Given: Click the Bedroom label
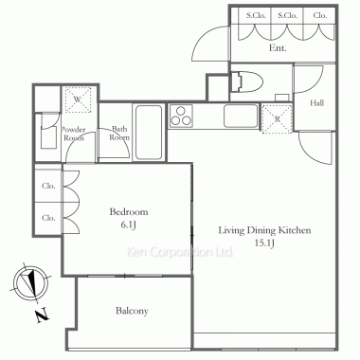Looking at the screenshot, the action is click(129, 211).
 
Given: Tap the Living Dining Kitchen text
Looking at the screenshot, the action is click(264, 230).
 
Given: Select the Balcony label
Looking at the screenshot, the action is click(132, 311).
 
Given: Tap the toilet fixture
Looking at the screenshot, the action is click(246, 82).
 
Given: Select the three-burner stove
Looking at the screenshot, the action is click(181, 116).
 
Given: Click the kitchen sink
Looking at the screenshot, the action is click(241, 116).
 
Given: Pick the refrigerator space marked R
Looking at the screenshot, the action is click(278, 118).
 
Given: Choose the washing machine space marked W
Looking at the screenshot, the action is click(78, 99).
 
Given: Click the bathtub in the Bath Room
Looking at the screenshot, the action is click(149, 132).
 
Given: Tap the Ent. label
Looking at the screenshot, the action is click(278, 48).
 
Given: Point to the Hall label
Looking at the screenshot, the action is click(316, 102).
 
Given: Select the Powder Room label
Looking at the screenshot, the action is click(73, 134).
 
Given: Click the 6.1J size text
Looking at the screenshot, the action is click(128, 225).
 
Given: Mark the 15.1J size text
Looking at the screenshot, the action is click(264, 243).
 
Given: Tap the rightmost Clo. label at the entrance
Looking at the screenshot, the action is click(320, 15).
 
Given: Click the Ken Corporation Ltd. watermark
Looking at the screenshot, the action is click(180, 252).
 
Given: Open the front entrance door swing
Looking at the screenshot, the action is click(210, 43).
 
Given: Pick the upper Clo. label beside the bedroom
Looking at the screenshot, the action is click(48, 186).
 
